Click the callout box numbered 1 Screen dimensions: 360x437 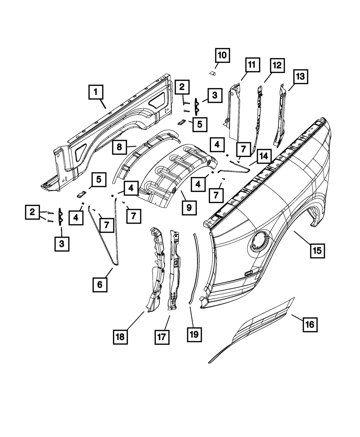(96, 92)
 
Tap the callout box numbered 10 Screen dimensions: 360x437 (222, 55)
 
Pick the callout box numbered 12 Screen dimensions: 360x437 (277, 66)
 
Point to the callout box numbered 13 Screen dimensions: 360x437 (300, 77)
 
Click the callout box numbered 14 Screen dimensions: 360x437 (264, 156)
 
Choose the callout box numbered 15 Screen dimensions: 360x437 (317, 251)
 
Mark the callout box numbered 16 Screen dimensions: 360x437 (310, 324)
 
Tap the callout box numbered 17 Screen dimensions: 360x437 (162, 337)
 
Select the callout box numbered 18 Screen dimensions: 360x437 (120, 337)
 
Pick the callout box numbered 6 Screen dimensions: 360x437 (100, 285)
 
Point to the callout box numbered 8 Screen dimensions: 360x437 (119, 147)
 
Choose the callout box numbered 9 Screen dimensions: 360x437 (189, 208)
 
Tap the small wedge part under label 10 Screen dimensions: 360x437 (213, 73)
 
